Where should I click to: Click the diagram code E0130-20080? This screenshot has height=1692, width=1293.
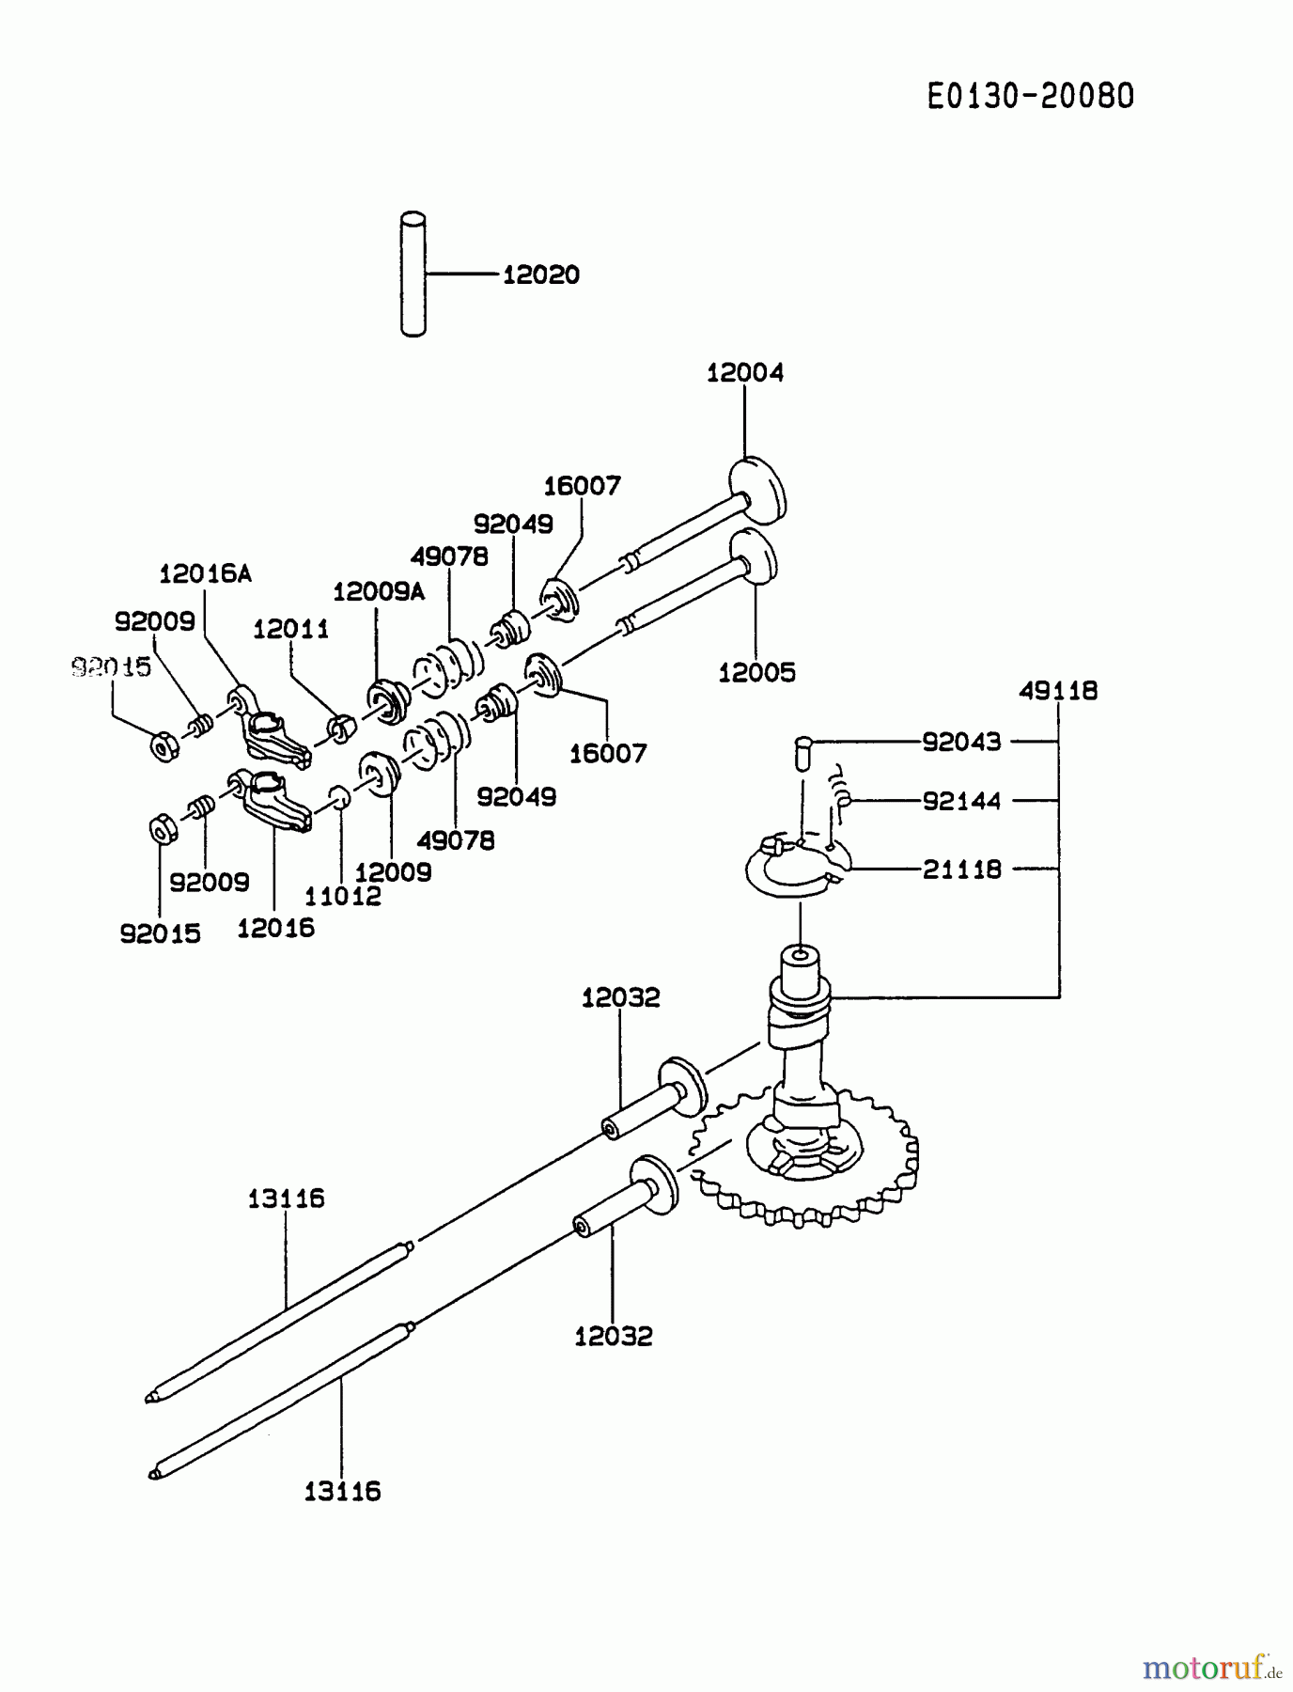pyautogui.click(x=1031, y=96)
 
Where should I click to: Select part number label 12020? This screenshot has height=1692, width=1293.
pyautogui.click(x=541, y=275)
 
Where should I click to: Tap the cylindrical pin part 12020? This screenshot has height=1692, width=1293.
pyautogui.click(x=413, y=274)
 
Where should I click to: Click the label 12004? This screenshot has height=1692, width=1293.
pyautogui.click(x=744, y=373)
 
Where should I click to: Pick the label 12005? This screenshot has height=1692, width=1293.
pyautogui.click(x=756, y=673)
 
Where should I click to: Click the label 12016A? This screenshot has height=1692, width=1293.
pyautogui.click(x=206, y=573)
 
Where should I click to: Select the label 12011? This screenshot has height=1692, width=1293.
pyautogui.click(x=290, y=630)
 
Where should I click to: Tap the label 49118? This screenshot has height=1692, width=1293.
pyautogui.click(x=1058, y=691)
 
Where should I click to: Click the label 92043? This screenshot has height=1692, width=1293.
pyautogui.click(x=961, y=742)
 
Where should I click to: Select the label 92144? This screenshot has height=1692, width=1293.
pyautogui.click(x=961, y=801)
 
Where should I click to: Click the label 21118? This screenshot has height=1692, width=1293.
pyautogui.click(x=961, y=869)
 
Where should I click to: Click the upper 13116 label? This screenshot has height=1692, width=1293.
pyautogui.click(x=286, y=1198)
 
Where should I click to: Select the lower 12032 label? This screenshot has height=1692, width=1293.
pyautogui.click(x=613, y=1336)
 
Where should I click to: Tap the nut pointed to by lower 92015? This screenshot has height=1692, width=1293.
pyautogui.click(x=162, y=830)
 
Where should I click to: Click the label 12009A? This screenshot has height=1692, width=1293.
pyautogui.click(x=379, y=591)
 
